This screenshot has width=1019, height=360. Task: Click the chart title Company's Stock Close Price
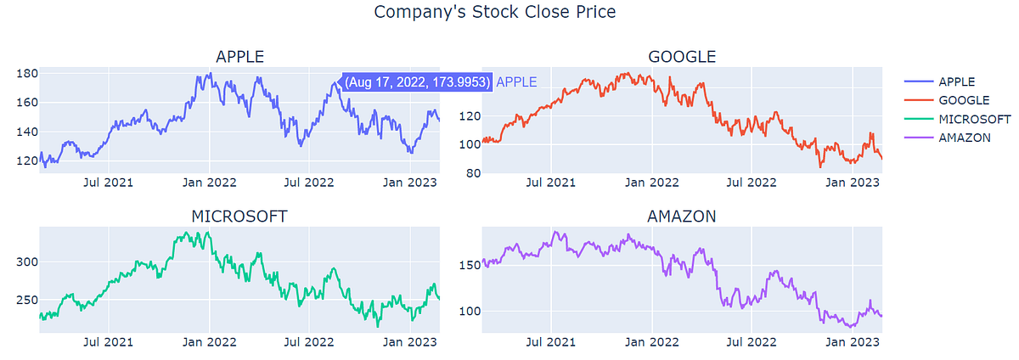point(494,13)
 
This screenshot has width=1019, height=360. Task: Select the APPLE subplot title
point(239,57)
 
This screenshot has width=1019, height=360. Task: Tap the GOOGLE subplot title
point(682,57)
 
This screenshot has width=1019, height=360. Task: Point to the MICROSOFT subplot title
point(239,217)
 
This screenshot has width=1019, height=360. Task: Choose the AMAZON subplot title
point(682,217)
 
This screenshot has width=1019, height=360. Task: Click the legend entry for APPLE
point(956,82)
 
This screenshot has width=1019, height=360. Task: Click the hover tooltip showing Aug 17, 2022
point(416,82)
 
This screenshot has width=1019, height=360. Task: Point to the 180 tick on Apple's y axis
point(27,74)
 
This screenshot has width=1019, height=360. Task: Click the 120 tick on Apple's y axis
point(27,160)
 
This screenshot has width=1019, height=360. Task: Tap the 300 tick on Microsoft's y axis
point(27,262)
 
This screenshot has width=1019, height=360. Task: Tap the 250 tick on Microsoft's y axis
point(27,300)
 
